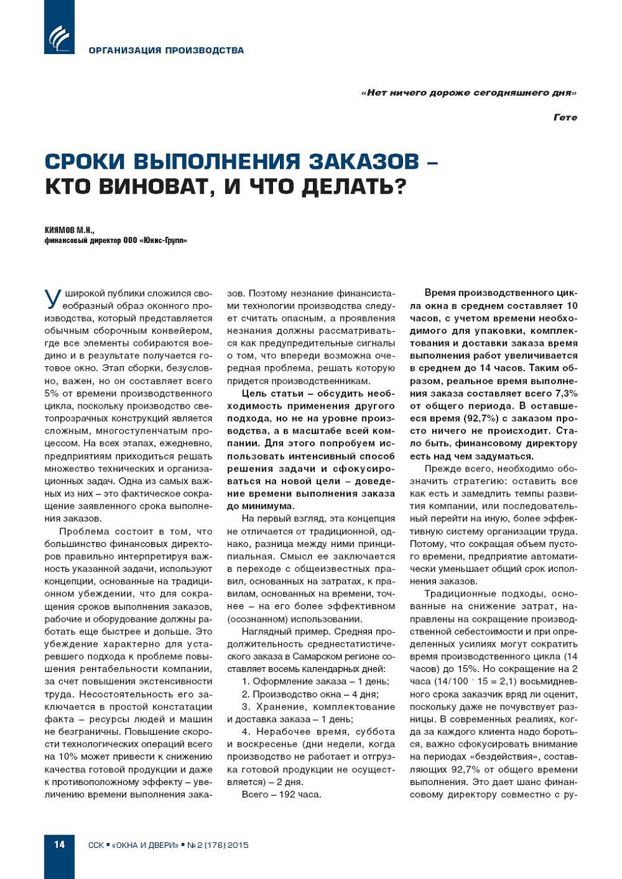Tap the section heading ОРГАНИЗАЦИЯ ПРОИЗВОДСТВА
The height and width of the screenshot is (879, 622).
tap(166, 50)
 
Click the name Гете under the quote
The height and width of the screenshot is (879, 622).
tap(565, 117)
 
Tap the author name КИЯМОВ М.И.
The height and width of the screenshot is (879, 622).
tap(69, 230)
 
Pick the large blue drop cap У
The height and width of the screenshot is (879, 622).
tap(53, 298)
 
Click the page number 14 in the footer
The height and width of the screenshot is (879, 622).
tap(59, 844)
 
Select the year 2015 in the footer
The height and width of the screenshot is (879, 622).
tap(238, 845)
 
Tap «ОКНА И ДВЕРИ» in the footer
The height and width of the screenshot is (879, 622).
tap(145, 845)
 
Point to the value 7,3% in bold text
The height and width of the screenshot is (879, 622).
tap(566, 393)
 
